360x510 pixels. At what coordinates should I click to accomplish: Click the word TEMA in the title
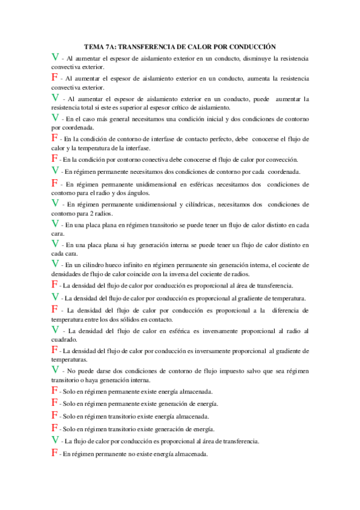tap(94, 46)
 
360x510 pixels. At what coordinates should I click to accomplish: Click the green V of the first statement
tap(55, 57)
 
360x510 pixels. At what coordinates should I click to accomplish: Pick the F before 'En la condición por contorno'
tap(55, 158)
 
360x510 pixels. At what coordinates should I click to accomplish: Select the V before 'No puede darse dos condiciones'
tap(55, 369)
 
